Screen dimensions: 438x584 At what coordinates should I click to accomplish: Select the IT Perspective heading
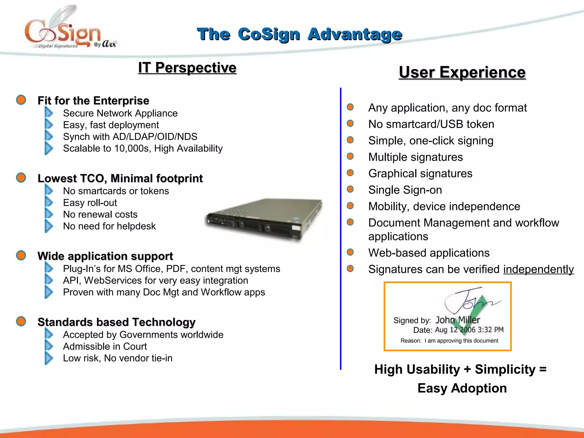(187, 68)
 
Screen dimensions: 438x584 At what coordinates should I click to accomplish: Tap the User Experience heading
(462, 72)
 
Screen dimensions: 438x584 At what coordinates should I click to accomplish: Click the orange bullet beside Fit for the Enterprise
(21, 100)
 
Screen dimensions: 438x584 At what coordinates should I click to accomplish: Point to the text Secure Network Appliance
(120, 113)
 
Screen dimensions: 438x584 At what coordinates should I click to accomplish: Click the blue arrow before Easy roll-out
(49, 202)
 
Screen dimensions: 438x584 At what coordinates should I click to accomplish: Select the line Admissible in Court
(105, 346)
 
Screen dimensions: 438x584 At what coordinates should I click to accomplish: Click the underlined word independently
(538, 269)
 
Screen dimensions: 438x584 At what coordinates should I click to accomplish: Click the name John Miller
(457, 320)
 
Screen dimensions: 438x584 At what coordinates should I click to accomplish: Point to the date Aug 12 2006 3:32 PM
(469, 330)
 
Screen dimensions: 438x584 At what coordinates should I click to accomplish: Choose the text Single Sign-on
(405, 190)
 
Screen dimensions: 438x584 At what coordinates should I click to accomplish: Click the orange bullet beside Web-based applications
(350, 252)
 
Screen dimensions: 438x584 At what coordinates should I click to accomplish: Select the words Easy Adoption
(462, 388)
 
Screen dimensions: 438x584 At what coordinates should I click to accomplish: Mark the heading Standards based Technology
(116, 322)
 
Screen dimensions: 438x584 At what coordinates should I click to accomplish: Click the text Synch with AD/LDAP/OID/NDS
(130, 137)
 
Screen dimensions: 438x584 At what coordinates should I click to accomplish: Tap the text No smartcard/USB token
(431, 124)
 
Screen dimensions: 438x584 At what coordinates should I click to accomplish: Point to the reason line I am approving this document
(461, 340)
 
